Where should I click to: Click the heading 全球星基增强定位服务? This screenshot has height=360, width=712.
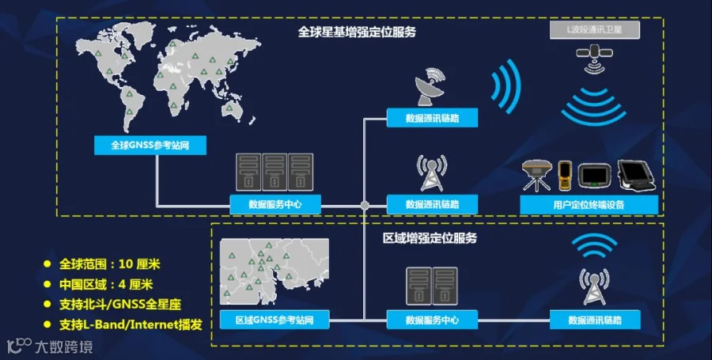tap(357, 33)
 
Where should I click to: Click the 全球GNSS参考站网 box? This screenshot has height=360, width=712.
tap(154, 145)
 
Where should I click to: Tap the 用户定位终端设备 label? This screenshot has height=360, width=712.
tap(590, 204)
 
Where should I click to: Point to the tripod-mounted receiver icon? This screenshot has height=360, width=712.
tap(536, 176)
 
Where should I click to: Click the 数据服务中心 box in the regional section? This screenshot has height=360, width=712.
tap(432, 320)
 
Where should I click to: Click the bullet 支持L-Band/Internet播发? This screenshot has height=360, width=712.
tap(131, 324)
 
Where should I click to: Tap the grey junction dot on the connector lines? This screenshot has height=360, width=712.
tap(365, 205)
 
